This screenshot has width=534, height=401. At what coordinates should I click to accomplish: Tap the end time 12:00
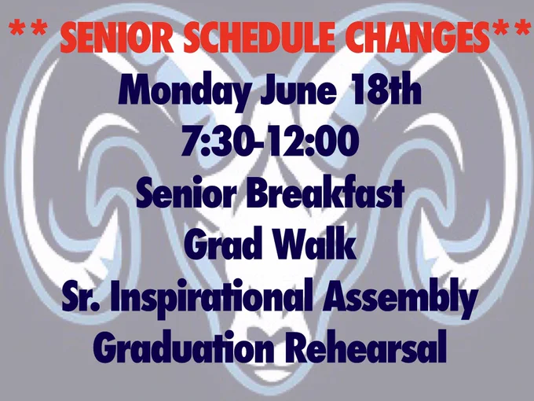point(313,141)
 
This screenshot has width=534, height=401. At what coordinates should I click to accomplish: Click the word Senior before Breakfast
point(186,193)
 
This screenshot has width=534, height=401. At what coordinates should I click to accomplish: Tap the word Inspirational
point(211,297)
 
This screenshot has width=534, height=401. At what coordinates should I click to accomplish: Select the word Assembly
point(399,297)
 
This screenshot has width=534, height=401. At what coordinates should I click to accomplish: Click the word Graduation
point(183,347)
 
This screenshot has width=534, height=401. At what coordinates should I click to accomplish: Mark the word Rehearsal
point(365,346)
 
